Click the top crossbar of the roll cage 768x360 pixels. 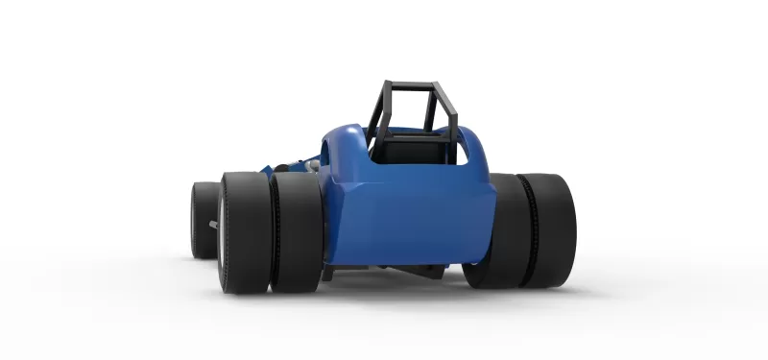407,84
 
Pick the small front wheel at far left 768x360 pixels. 204,220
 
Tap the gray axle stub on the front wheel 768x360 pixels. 212,227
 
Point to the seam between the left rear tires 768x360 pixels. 272,230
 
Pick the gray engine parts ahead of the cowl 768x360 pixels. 305,165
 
